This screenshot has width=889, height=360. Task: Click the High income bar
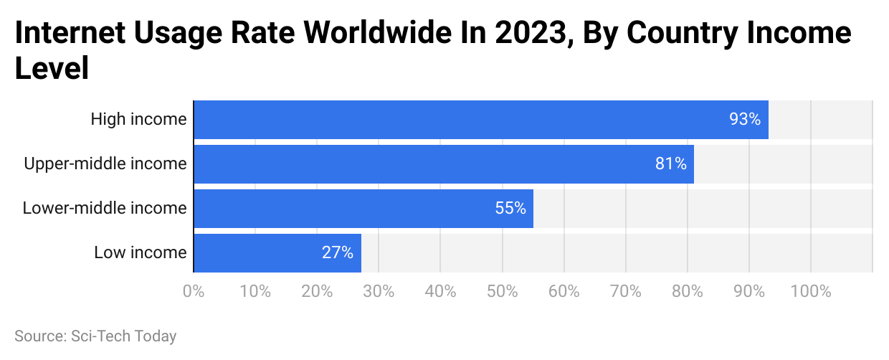(x=459, y=120)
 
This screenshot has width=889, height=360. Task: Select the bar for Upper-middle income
(x=430, y=164)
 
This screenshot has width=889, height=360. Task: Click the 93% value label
(x=745, y=120)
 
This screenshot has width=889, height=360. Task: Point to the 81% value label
(x=670, y=164)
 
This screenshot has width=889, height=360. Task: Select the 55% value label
(x=510, y=209)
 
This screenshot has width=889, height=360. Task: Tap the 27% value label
(x=338, y=253)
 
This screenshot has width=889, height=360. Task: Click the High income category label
(x=138, y=120)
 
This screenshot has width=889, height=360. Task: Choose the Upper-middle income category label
(x=105, y=164)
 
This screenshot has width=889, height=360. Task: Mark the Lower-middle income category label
(x=105, y=209)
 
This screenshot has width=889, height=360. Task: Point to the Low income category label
(x=141, y=253)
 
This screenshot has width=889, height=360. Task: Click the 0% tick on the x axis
(x=194, y=292)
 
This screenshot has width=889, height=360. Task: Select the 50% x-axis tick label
(x=502, y=292)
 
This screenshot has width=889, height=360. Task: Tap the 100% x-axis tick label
(x=810, y=292)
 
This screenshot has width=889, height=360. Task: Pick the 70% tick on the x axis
(x=625, y=292)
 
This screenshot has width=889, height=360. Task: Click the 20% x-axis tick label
(x=317, y=292)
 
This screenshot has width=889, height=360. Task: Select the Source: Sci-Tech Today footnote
(x=95, y=336)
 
